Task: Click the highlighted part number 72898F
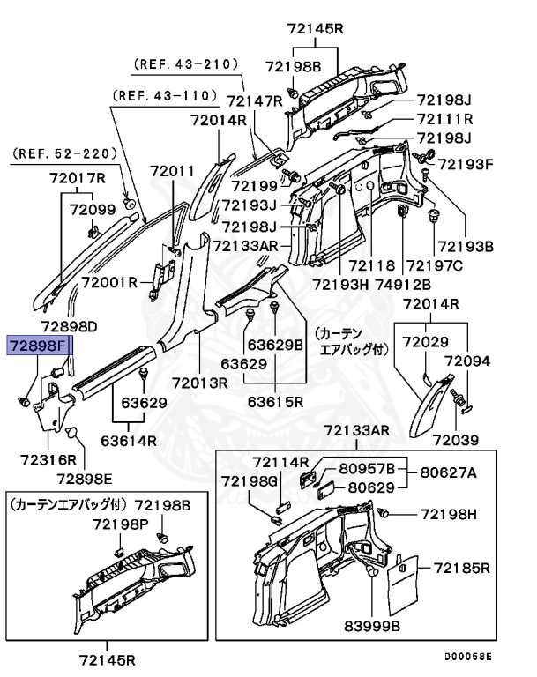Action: [x=38, y=344]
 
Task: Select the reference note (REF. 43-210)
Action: [x=187, y=64]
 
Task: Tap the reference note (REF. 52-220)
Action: [x=64, y=153]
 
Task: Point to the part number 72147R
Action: [x=253, y=101]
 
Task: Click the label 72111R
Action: [x=444, y=119]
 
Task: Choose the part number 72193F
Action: [x=466, y=164]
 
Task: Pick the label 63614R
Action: [x=129, y=441]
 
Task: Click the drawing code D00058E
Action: [x=468, y=656]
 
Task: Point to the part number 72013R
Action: [x=200, y=383]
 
